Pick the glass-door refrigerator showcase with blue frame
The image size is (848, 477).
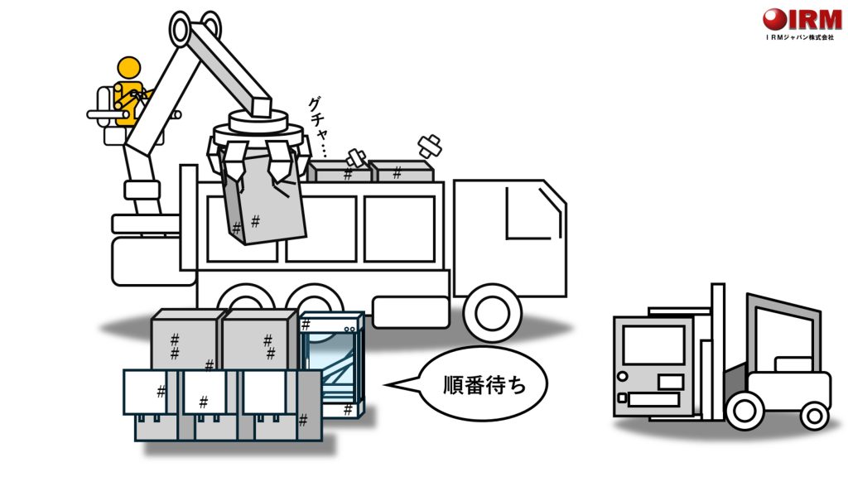click(x=331, y=364)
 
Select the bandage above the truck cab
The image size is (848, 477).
click(x=430, y=147)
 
